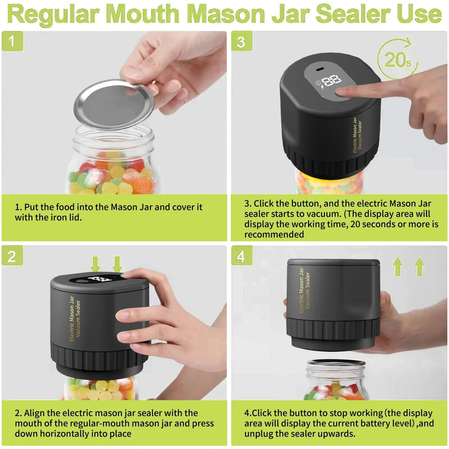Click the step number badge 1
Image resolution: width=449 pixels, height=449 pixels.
tap(12, 41)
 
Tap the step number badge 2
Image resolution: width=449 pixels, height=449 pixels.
tap(12, 256)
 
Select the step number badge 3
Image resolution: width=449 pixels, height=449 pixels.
tap(242, 41)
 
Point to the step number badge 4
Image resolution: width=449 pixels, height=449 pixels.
tap(242, 256)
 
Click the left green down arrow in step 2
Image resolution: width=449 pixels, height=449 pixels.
tap(95, 264)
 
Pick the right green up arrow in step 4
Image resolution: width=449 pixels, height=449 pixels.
tap(419, 266)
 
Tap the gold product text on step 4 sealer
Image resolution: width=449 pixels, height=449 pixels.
tap(304, 290)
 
